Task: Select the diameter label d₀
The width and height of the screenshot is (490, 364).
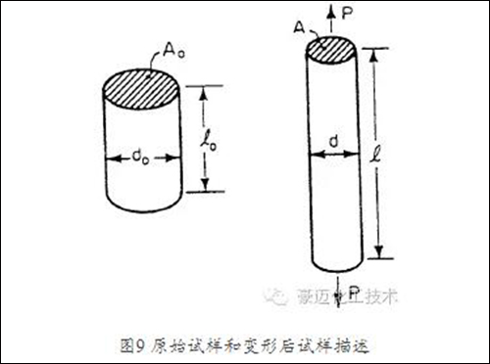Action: point(143,154)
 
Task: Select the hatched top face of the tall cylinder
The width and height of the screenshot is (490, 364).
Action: point(333,48)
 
